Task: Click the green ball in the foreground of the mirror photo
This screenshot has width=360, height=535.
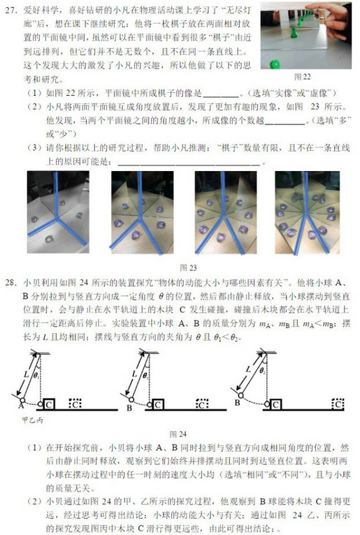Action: pos(274,64)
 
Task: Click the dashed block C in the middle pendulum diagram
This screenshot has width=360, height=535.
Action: pos(203,404)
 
